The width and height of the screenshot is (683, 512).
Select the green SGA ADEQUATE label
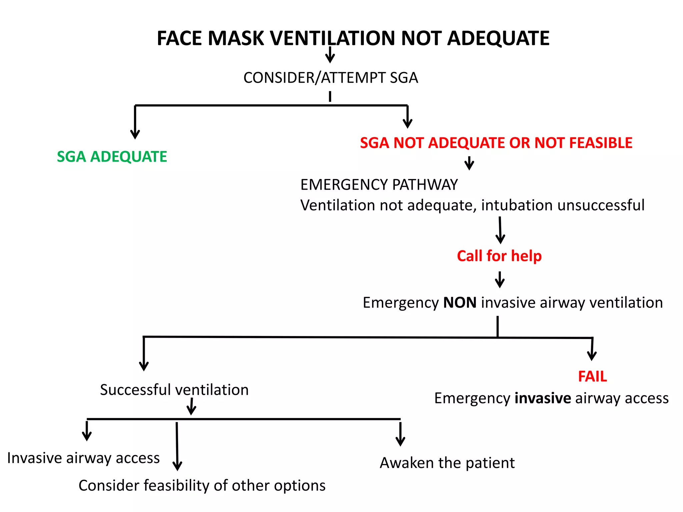click(112, 157)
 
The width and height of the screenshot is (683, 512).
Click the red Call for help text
click(499, 256)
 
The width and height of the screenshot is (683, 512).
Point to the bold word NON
click(460, 303)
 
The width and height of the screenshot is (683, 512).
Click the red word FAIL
click(592, 377)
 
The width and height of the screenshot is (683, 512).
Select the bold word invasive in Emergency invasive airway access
click(543, 398)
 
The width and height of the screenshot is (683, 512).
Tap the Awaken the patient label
click(447, 463)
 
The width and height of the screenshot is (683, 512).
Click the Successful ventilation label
click(174, 390)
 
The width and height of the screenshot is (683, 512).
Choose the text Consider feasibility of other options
click(202, 486)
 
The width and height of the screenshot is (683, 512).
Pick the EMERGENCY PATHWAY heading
click(379, 185)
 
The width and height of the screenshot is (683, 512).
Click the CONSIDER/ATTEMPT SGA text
click(330, 78)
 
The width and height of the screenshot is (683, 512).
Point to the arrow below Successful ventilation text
click(191, 407)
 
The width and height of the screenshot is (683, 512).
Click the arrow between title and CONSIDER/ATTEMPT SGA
click(330, 55)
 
